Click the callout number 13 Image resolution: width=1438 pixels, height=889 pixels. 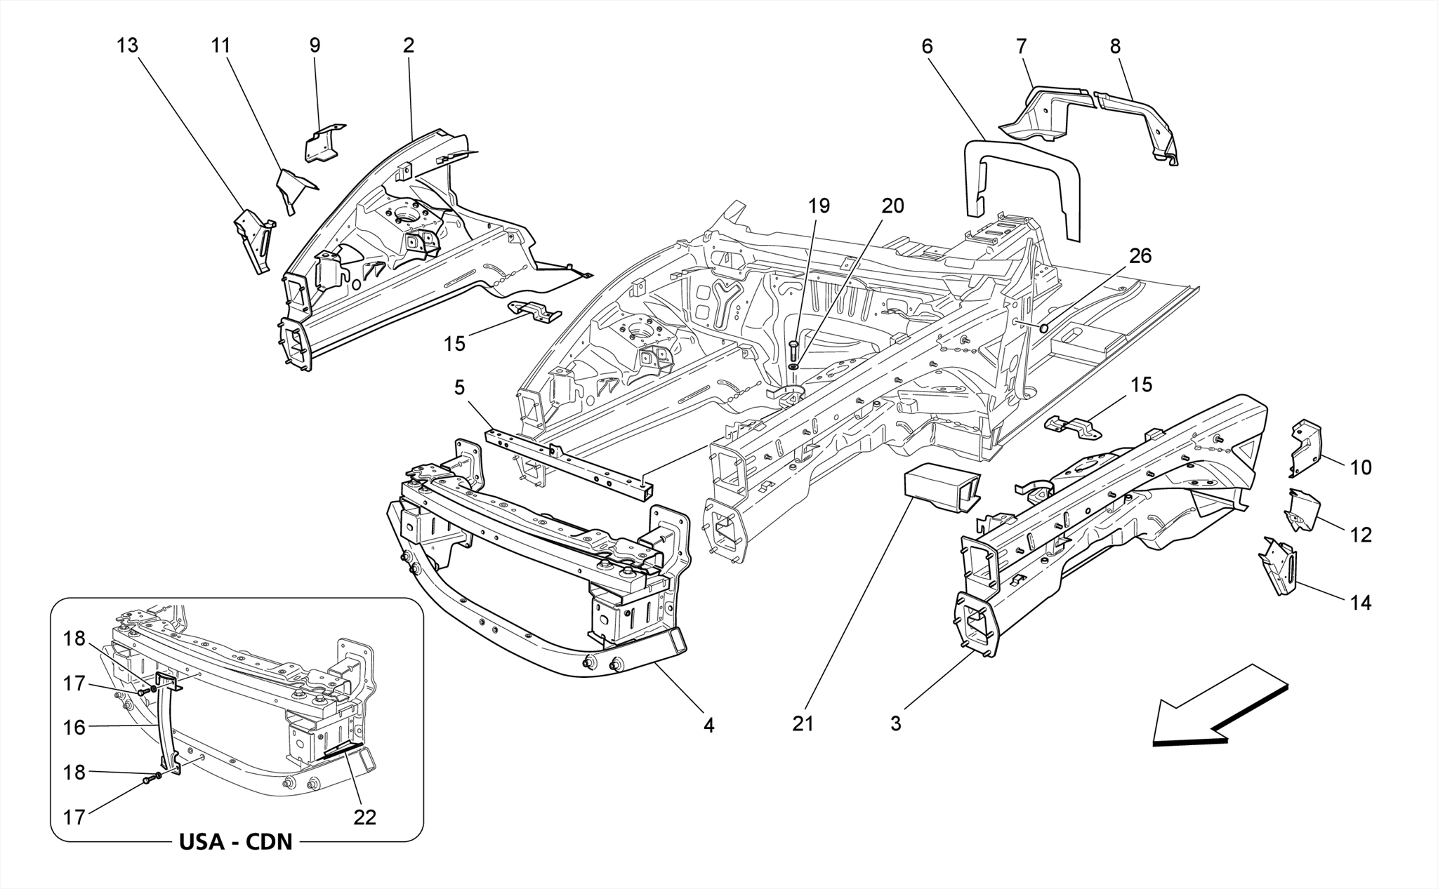point(128,46)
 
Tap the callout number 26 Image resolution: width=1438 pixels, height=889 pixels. point(1140,256)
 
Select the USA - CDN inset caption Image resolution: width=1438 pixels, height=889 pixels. point(236,841)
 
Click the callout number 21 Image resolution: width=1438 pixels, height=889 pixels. point(803,723)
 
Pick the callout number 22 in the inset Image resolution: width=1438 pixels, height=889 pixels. point(365,817)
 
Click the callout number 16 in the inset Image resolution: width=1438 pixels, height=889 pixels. point(74,728)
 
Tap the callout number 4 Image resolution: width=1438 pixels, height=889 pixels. point(709,726)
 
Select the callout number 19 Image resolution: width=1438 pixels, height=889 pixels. point(819,206)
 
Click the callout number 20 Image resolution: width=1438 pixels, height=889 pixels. point(892,206)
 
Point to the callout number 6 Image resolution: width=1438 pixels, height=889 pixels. point(928,47)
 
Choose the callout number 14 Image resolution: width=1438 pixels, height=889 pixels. point(1361,603)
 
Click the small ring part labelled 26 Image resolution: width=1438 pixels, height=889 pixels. point(1043,327)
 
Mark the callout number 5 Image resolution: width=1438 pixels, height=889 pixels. point(459,388)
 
